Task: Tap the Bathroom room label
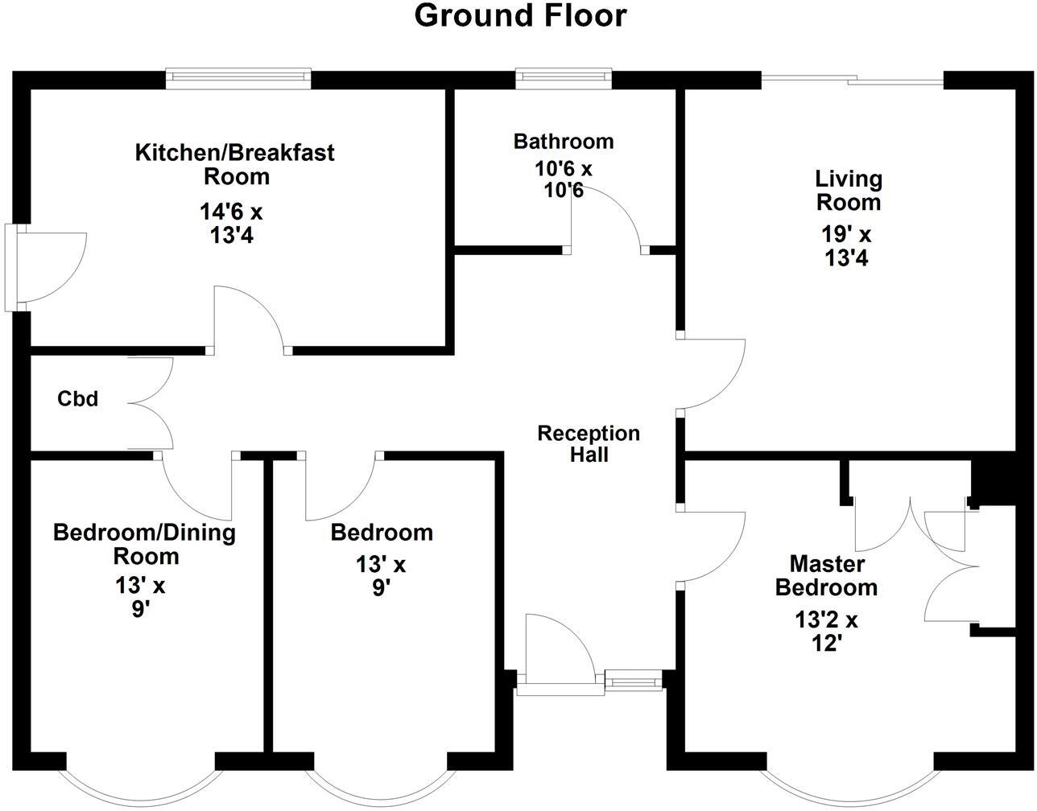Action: (564, 142)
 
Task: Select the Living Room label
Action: (849, 191)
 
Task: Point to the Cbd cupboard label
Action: (78, 398)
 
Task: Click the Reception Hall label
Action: (589, 444)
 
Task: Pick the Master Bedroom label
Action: (827, 575)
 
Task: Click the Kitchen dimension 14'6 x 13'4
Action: (231, 223)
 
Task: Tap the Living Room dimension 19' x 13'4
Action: (847, 246)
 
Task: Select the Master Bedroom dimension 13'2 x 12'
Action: (827, 632)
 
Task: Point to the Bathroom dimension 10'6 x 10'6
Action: (564, 179)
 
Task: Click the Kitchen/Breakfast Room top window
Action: (238, 79)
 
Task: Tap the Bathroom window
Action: (564, 79)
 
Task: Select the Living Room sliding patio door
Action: (853, 81)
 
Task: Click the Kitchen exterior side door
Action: (46, 267)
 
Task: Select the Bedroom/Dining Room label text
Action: (145, 544)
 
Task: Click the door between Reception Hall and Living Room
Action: (711, 374)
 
